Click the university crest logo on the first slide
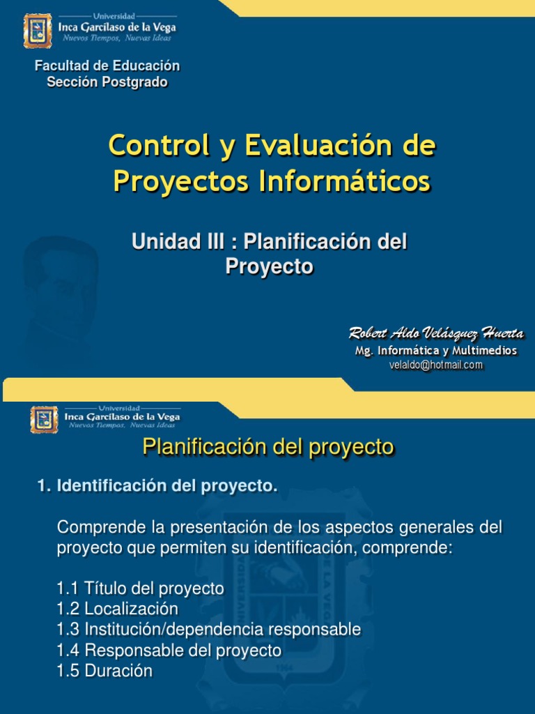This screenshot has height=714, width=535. pyautogui.click(x=38, y=31)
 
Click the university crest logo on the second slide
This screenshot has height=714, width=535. pyautogui.click(x=44, y=419)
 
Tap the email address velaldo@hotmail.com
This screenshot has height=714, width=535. pyautogui.click(x=436, y=365)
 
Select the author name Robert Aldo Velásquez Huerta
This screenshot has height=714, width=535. pyautogui.click(x=436, y=333)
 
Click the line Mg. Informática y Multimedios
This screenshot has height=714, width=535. pyautogui.click(x=436, y=351)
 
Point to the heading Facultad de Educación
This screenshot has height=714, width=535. pyautogui.click(x=107, y=66)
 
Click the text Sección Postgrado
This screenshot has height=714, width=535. pyautogui.click(x=107, y=82)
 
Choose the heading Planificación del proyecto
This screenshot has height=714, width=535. pyautogui.click(x=268, y=447)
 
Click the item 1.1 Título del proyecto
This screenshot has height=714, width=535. pyautogui.click(x=141, y=588)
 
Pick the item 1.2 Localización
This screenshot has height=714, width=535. pyautogui.click(x=118, y=609)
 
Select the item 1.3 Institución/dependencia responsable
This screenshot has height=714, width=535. pyautogui.click(x=209, y=630)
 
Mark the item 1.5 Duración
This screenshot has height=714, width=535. pyautogui.click(x=104, y=671)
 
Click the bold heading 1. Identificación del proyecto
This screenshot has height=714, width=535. pyautogui.click(x=157, y=486)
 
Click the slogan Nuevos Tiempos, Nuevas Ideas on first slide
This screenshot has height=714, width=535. pyautogui.click(x=117, y=38)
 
